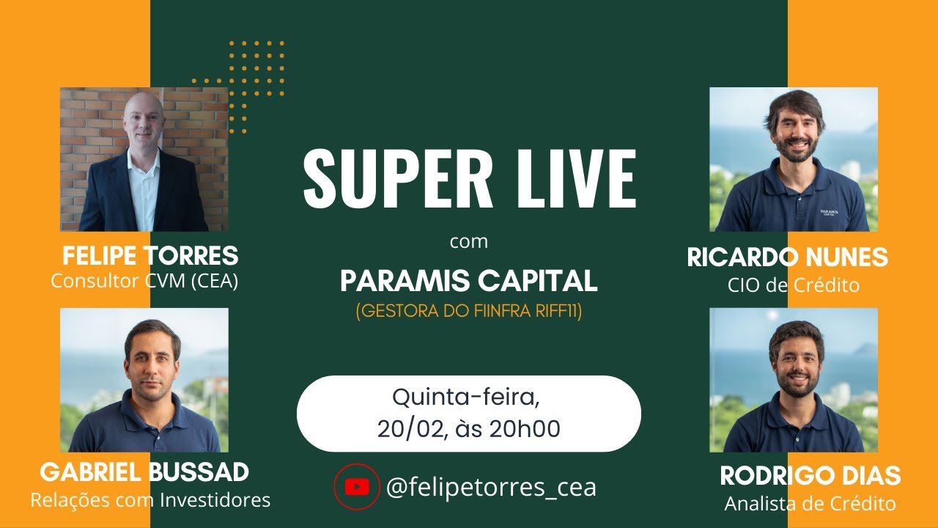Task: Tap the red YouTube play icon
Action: pos(357,486)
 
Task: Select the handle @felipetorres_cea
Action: pos(491,487)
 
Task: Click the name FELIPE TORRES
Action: pos(150,256)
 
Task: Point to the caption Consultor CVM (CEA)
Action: pos(144,281)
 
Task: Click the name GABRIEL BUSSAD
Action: pos(144,472)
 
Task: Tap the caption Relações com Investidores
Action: pos(150,500)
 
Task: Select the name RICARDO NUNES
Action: pos(787,257)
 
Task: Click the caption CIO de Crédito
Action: pos(794,285)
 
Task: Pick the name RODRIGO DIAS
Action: pos(810,475)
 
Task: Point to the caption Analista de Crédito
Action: pos(810,504)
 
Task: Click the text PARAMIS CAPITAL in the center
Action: pos(469,280)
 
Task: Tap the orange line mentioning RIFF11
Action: pos(469,311)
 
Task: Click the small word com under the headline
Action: pos(468,241)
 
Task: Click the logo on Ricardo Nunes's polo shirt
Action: pos(830,212)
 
